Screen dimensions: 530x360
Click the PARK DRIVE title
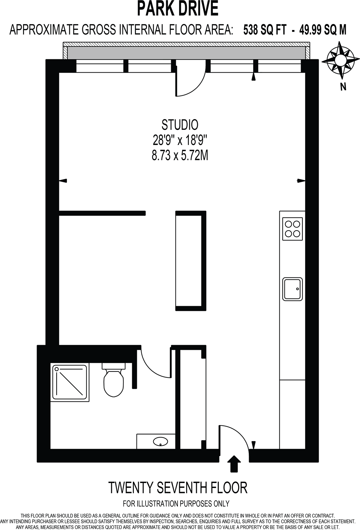tap(178, 9)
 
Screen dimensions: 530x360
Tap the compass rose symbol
tap(340, 60)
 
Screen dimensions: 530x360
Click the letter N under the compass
tap(343, 87)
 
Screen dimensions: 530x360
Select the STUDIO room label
tap(180, 125)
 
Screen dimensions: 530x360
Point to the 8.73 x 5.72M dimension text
tap(180, 156)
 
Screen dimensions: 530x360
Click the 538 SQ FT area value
tap(265, 30)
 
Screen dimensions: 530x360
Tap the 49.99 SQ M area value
tap(323, 30)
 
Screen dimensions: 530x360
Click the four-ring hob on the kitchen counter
tap(292, 229)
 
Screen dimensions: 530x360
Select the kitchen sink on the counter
tap(293, 289)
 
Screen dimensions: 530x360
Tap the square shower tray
tap(70, 382)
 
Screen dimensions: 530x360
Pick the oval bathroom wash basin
tap(161, 442)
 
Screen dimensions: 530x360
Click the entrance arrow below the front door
tap(234, 463)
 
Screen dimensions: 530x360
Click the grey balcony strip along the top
tap(186, 53)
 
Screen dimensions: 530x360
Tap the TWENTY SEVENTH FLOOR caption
tap(178, 488)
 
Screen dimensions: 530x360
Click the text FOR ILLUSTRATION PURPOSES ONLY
tap(176, 504)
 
